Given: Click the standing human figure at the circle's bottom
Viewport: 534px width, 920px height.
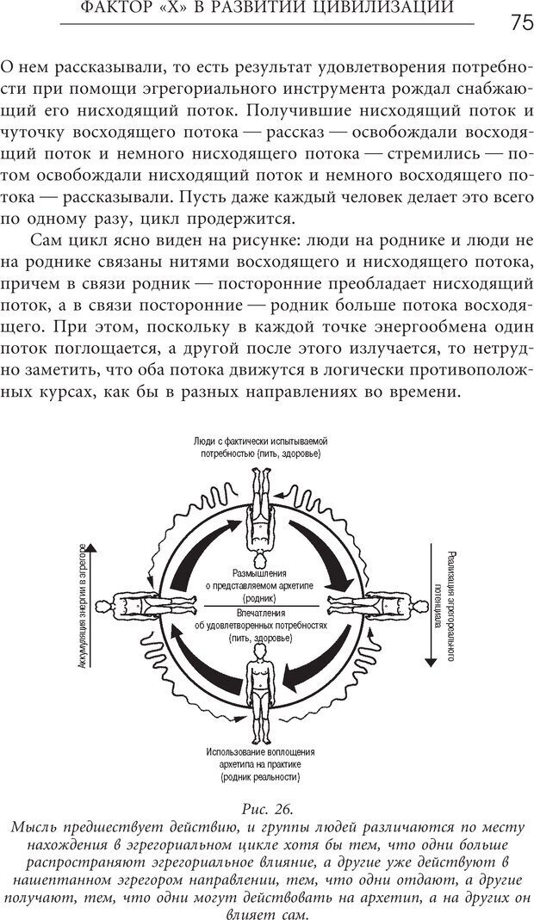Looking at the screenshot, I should click(260, 696).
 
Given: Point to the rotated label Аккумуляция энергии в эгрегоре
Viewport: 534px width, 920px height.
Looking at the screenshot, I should click(83, 607).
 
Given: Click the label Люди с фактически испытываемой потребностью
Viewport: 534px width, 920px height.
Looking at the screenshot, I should click(260, 447).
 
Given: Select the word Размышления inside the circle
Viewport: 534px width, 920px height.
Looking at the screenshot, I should click(260, 572).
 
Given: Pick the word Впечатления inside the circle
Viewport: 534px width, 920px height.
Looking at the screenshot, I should click(260, 614).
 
